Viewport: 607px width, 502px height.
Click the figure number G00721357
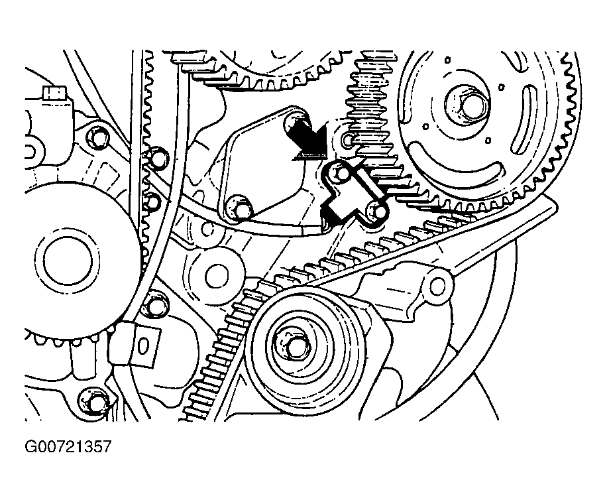pyautogui.click(x=68, y=447)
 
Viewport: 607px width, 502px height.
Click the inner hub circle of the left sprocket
pyautogui.click(x=68, y=261)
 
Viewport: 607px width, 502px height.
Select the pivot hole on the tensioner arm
pyautogui.click(x=438, y=286)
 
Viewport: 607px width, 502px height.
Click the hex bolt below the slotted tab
pyautogui.click(x=92, y=402)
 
